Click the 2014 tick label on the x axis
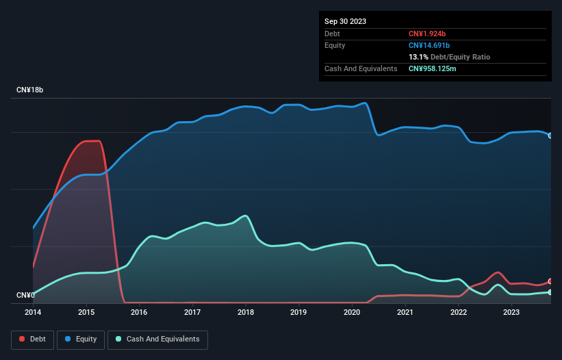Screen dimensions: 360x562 33,312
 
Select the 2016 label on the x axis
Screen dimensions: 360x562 139,312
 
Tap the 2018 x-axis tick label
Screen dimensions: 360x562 245,312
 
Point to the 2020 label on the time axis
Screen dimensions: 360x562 351,312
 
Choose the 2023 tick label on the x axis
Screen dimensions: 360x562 511,312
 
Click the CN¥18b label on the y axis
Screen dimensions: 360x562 30,90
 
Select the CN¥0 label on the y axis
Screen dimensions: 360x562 25,295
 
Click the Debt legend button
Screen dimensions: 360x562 35,339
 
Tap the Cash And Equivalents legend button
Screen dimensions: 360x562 157,339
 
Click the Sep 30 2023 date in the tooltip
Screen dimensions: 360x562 345,21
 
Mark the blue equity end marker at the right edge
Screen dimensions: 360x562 550,136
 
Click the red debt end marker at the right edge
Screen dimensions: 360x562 550,281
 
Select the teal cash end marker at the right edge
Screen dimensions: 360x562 550,292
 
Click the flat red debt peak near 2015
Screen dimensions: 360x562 92,141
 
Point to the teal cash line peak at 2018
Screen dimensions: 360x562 245,216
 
